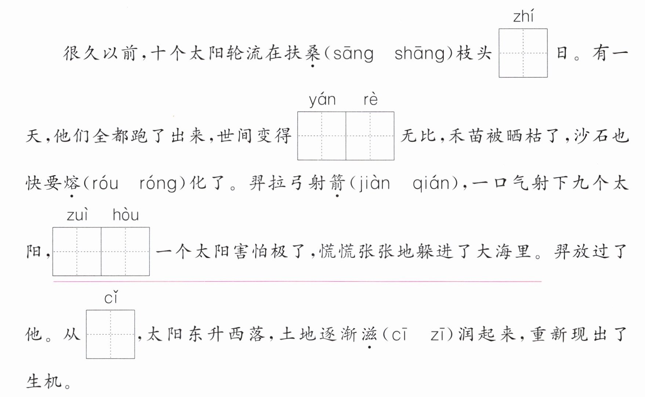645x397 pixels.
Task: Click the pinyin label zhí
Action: click(x=523, y=17)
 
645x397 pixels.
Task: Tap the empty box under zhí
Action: click(x=523, y=53)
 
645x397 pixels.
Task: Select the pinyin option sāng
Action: click(x=353, y=54)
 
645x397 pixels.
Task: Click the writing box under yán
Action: click(x=322, y=136)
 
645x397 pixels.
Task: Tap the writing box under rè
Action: click(x=370, y=136)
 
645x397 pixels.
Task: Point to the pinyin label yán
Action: click(x=322, y=100)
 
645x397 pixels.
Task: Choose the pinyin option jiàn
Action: click(x=374, y=183)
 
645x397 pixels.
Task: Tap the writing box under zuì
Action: click(x=77, y=251)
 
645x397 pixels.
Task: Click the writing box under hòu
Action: click(x=126, y=251)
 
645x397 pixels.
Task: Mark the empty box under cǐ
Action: click(x=110, y=334)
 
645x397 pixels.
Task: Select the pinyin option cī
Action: click(x=399, y=335)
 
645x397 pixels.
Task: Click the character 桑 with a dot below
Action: click(x=312, y=53)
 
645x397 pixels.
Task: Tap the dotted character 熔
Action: click(x=72, y=183)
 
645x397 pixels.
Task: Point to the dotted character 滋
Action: click(x=369, y=334)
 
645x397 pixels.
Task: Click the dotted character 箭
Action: click(x=337, y=183)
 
